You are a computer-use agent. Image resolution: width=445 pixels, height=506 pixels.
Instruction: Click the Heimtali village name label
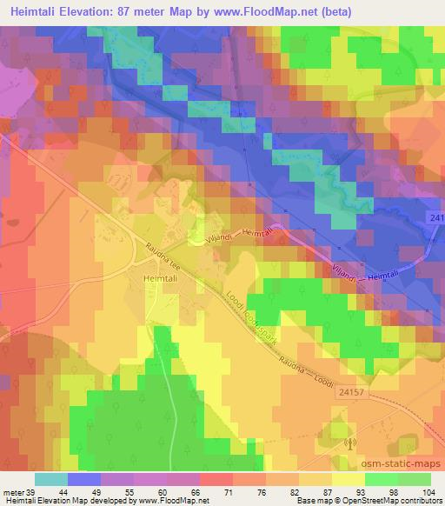coord(160,277)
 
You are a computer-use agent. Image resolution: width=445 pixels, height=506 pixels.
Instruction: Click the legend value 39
coord(34,492)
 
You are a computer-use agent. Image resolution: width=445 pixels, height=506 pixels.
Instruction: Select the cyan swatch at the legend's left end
coord(50,479)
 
